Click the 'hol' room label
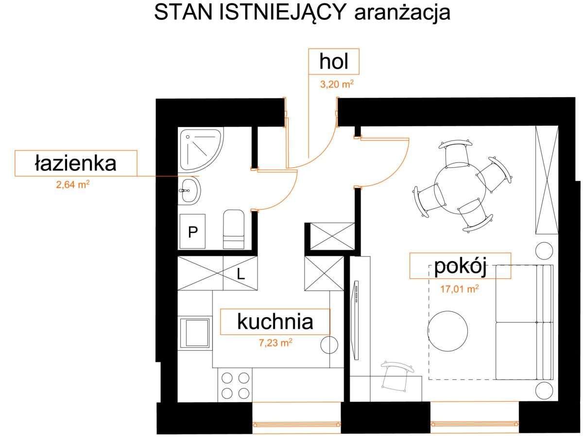coord(334,62)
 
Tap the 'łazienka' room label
coord(75,163)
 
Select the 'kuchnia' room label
coord(274,322)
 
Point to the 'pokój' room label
coord(460,266)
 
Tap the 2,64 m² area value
coord(73,185)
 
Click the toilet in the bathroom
coord(234,230)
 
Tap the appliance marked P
coord(193,231)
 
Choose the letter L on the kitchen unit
coord(240,274)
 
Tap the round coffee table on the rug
coord(447,331)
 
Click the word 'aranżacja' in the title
coord(403,13)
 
